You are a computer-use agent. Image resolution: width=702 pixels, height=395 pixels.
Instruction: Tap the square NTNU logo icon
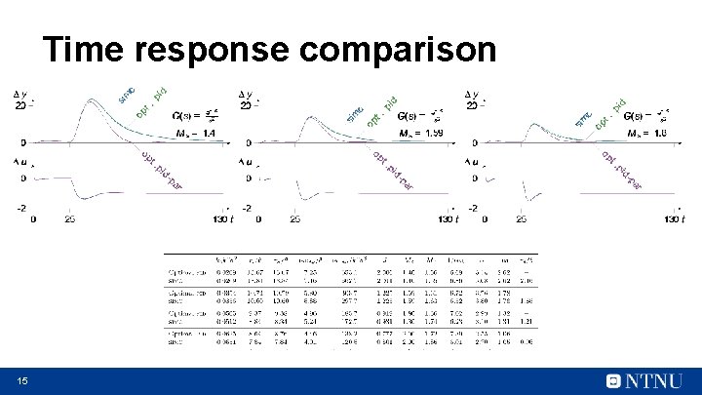614,380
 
